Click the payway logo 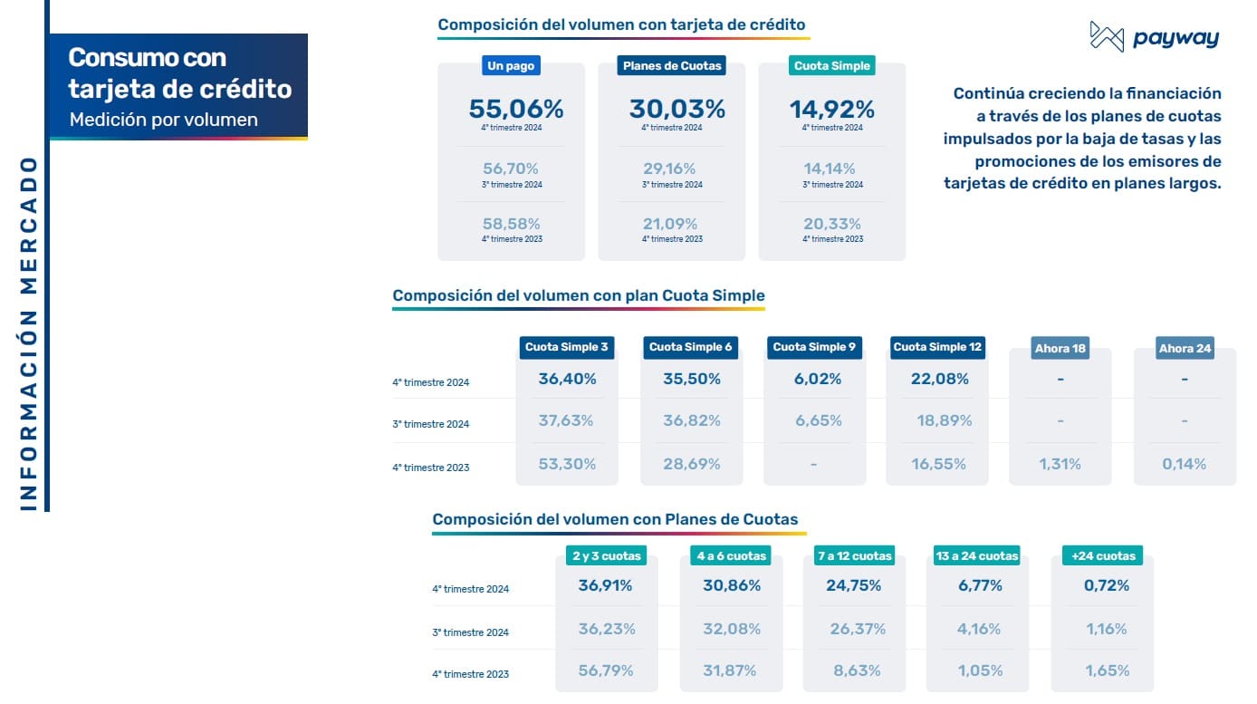(1154, 37)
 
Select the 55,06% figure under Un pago (516, 110)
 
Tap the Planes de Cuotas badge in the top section (671, 65)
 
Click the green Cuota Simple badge (831, 65)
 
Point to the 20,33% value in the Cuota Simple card (831, 224)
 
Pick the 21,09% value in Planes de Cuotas (671, 224)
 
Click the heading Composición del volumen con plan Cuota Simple (579, 295)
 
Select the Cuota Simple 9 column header (813, 347)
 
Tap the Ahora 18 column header (1060, 349)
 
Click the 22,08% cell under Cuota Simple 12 (940, 379)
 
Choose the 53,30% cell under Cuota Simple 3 (567, 464)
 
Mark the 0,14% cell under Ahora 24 (1184, 464)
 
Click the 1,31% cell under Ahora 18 (1060, 464)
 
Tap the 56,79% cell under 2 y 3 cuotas (606, 670)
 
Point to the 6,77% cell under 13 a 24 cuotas (980, 585)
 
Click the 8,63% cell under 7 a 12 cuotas (854, 670)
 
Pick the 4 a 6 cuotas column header (732, 555)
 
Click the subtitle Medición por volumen (163, 120)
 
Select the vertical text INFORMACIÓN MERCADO (28, 333)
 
